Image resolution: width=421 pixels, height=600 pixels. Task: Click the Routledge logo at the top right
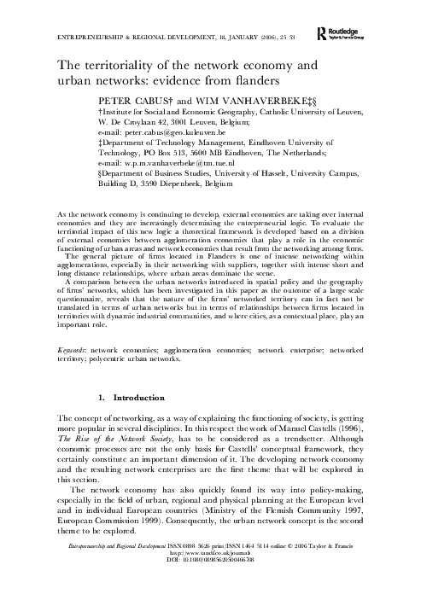(343, 33)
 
